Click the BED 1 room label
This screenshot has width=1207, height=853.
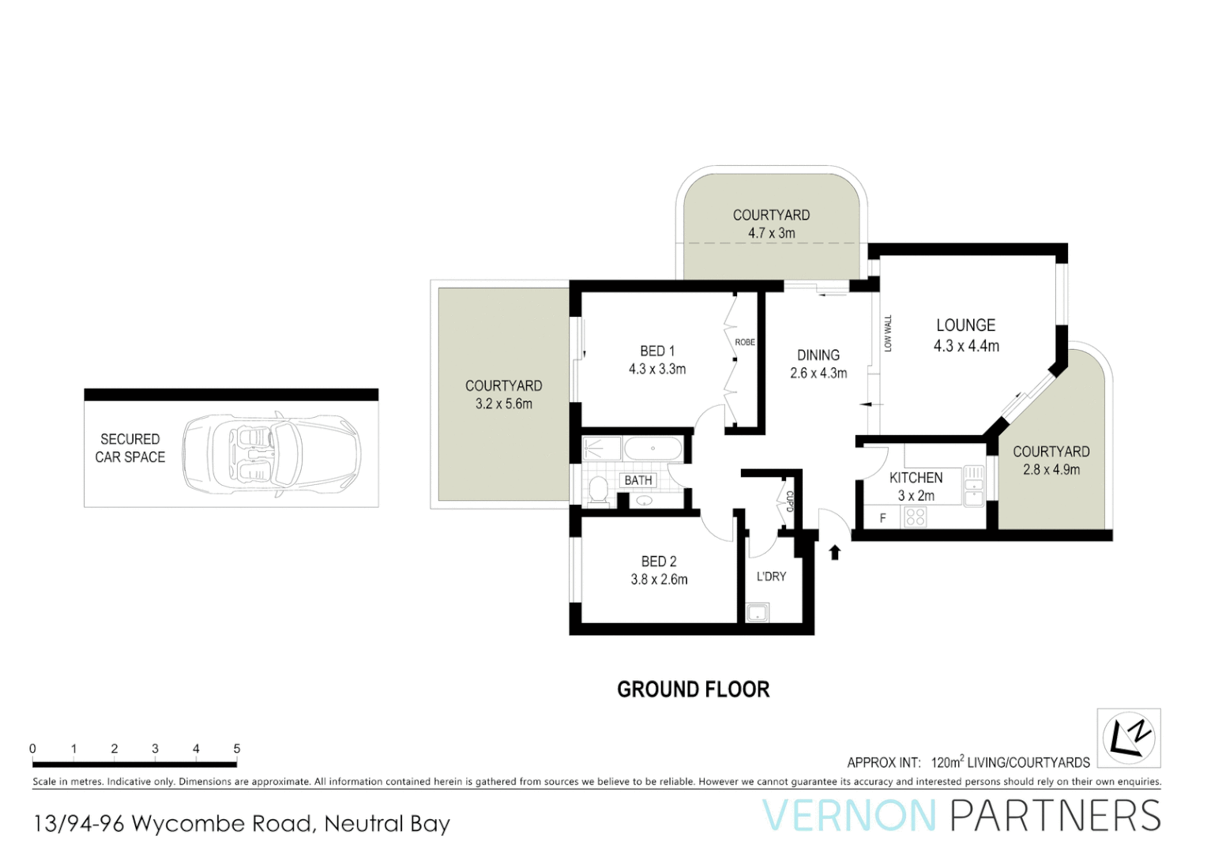(657, 351)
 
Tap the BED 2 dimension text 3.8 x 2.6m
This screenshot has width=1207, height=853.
(659, 580)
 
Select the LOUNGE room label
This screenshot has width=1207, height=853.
(965, 325)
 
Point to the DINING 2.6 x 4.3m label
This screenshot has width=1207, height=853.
(818, 364)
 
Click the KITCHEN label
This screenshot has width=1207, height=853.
(916, 478)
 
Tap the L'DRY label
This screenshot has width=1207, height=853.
(771, 577)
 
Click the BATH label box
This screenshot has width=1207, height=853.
(638, 480)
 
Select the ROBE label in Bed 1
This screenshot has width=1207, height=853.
(745, 342)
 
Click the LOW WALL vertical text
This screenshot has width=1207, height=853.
(888, 333)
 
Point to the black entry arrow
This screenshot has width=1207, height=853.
(835, 551)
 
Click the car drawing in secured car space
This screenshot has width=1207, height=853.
(271, 455)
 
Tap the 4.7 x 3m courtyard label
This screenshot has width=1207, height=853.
(772, 233)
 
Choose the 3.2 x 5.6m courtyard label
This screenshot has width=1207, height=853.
(504, 404)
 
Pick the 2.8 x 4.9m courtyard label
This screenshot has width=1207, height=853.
(1051, 469)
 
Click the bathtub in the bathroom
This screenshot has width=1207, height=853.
(652, 449)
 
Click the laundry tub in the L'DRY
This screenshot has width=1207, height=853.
(758, 612)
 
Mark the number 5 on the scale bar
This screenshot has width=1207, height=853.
(237, 748)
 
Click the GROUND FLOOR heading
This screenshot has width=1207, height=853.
(693, 690)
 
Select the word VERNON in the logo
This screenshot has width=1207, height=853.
(849, 816)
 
